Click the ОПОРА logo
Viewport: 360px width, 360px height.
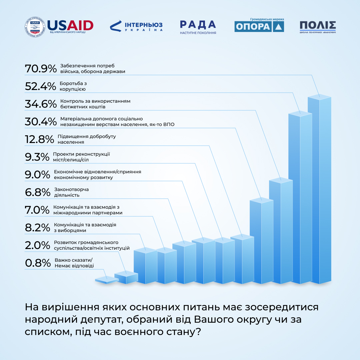(259, 26)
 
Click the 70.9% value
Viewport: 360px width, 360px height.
(41, 69)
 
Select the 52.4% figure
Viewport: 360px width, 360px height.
(40, 86)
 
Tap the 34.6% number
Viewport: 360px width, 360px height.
(41, 104)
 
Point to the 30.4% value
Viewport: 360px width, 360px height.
(41, 122)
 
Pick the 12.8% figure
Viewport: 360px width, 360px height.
(39, 139)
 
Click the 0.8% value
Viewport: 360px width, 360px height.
(37, 263)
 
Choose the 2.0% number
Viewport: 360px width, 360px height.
(37, 245)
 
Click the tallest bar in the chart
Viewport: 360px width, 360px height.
(319, 190)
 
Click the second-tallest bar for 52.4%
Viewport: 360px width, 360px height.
(300, 198)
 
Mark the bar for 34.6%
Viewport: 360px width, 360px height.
(281, 232)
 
